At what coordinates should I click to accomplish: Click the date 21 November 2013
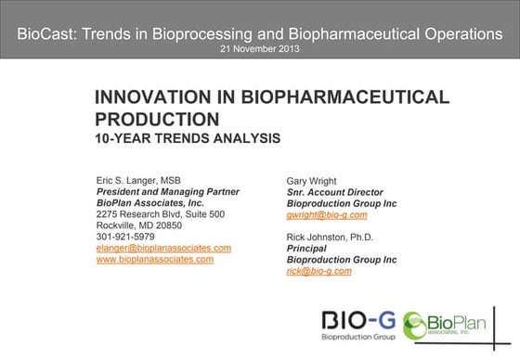click(x=260, y=47)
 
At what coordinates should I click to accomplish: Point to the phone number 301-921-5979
click(x=124, y=236)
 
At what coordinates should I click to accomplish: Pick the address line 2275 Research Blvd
click(x=160, y=213)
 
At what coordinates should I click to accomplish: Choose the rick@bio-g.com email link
click(x=318, y=272)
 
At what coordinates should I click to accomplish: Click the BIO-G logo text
click(x=358, y=323)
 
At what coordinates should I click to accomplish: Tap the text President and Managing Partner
click(x=168, y=190)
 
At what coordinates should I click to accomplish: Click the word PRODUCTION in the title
click(x=158, y=119)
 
